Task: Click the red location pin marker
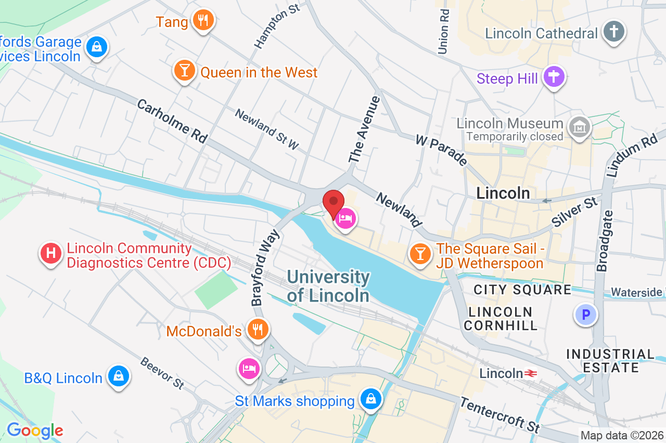click(x=334, y=202)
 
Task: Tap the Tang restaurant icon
click(x=203, y=20)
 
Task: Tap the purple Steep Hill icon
click(x=554, y=77)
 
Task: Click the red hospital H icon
click(x=50, y=254)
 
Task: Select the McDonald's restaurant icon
click(x=258, y=329)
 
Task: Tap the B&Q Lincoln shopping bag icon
click(x=119, y=375)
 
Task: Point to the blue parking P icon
click(x=586, y=315)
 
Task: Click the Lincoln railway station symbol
click(x=531, y=373)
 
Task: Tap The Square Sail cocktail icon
click(x=420, y=253)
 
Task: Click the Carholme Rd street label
click(x=172, y=121)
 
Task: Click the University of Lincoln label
click(x=328, y=286)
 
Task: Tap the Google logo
click(x=35, y=431)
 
